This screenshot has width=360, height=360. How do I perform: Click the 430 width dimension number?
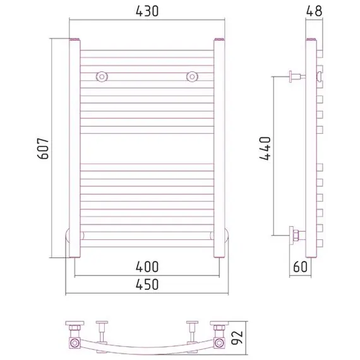tap(147, 11)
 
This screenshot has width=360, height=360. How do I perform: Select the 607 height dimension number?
tap(43, 148)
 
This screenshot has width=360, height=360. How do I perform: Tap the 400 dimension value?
tap(147, 267)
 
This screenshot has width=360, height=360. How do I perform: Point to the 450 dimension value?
tap(147, 284)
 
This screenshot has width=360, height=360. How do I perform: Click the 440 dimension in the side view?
tap(265, 148)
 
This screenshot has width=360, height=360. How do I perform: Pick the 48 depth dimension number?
tap(314, 11)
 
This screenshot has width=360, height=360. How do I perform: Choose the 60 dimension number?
tap(300, 267)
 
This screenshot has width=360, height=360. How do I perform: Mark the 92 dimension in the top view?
tap(237, 337)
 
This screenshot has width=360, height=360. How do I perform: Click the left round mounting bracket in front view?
tap(102, 76)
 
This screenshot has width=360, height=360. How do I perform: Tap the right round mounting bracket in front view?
tap(192, 76)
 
